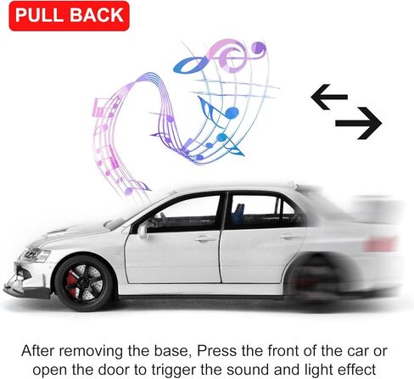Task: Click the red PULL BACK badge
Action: click(68, 15)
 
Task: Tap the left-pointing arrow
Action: click(329, 98)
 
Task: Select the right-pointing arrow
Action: click(357, 125)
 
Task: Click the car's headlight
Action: click(36, 254)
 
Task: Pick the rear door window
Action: click(256, 209)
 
